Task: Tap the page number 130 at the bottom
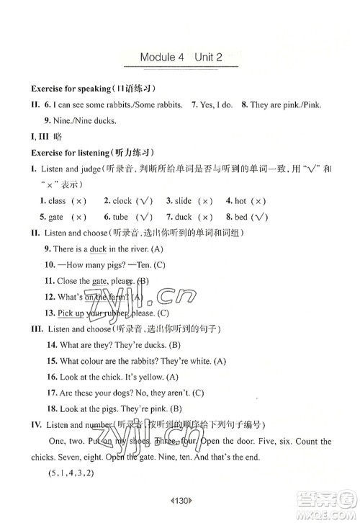coord(181,496)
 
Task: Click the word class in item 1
coord(58,201)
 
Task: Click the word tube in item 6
coord(120,217)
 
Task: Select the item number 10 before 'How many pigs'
coord(50,264)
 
